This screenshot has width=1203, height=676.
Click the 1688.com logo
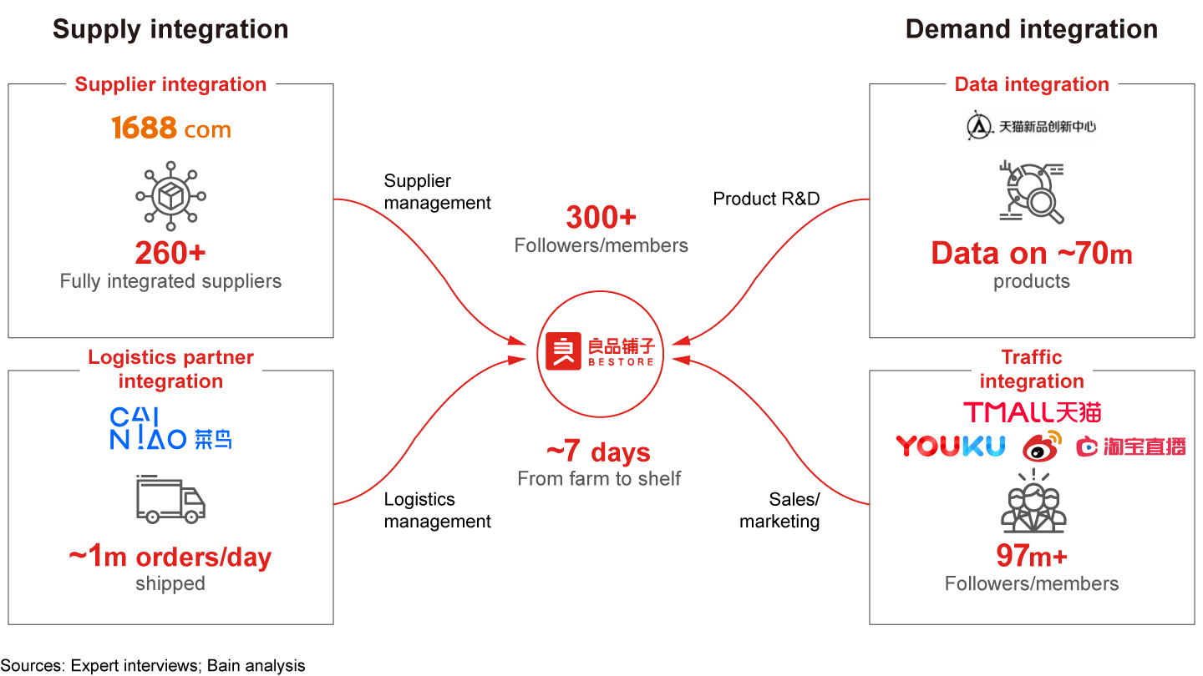[x=170, y=129]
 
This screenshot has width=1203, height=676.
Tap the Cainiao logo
[x=170, y=429]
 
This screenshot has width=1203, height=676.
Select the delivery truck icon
[x=170, y=499]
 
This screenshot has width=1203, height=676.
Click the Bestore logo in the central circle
[x=601, y=351]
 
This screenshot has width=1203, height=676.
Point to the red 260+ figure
[x=170, y=253]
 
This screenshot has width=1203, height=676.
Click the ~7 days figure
[x=598, y=452]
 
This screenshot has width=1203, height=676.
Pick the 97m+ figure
[x=1031, y=556]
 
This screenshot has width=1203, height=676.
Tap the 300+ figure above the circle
[x=601, y=218]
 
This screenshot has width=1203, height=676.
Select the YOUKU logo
[x=950, y=446]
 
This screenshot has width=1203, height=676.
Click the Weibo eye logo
[x=1041, y=446]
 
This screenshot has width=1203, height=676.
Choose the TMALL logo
[x=1032, y=412]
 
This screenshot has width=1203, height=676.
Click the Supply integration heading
[x=170, y=29]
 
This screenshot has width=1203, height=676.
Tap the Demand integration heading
[x=1031, y=29]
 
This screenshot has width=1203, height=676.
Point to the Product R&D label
[x=766, y=199]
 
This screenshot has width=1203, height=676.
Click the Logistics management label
[x=437, y=510]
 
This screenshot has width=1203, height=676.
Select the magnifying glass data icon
[x=1031, y=193]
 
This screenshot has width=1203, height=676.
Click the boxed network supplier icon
[x=170, y=197]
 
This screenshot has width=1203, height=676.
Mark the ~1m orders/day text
[x=170, y=557]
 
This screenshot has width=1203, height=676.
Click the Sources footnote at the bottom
[x=153, y=665]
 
